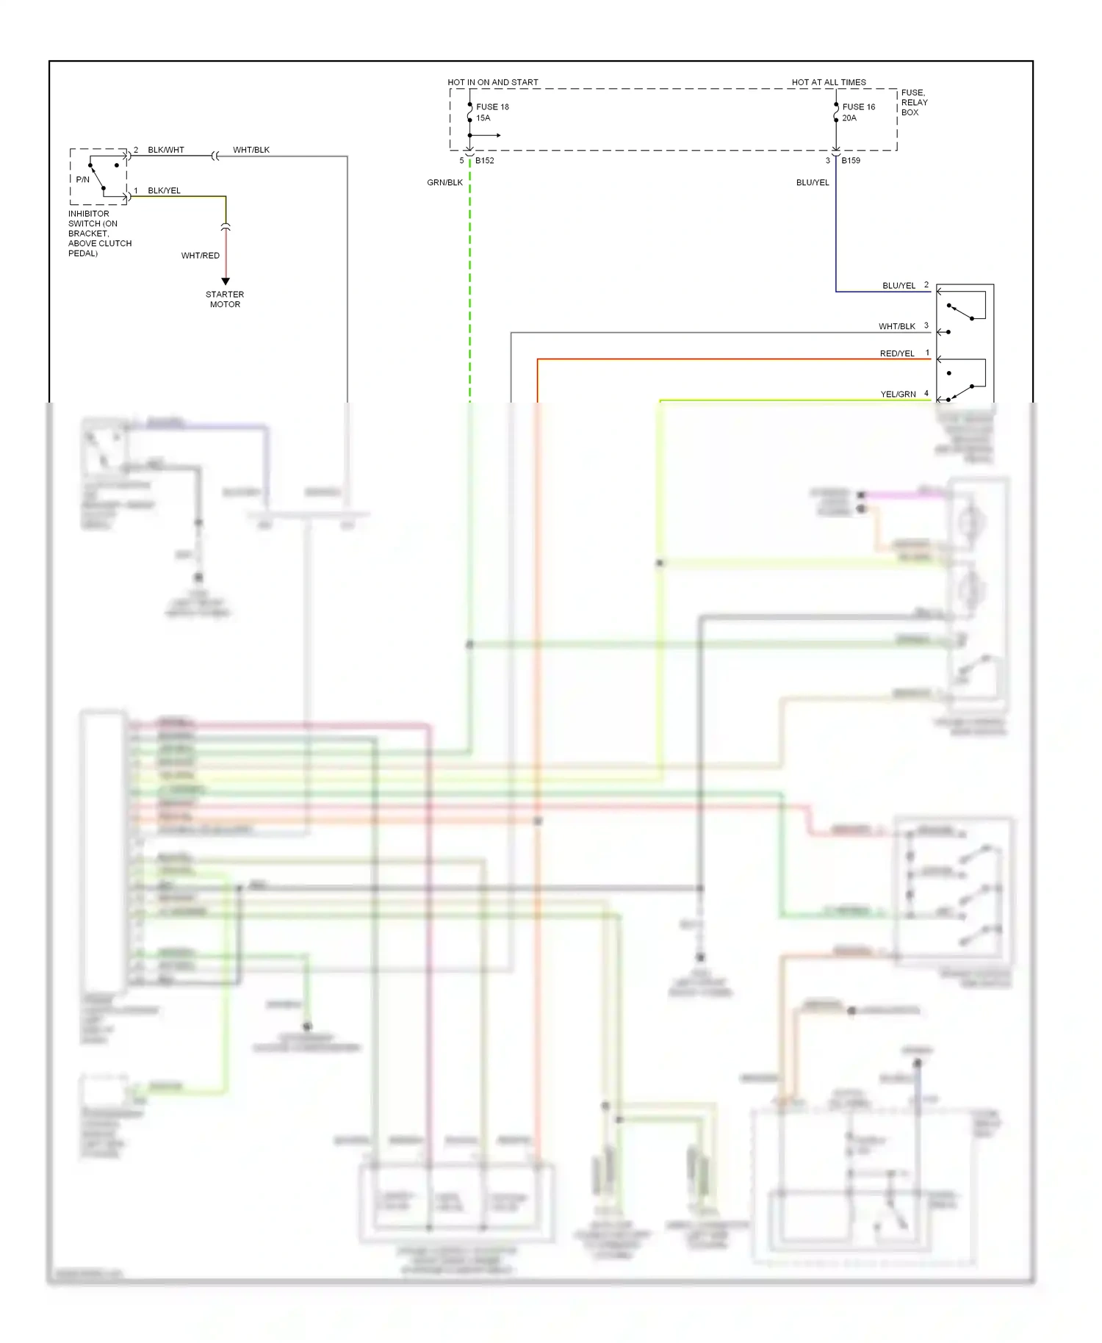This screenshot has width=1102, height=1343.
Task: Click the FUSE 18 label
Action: tap(492, 107)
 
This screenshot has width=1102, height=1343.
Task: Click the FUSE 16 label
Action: tap(858, 107)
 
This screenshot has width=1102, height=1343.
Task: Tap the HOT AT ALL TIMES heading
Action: tap(828, 82)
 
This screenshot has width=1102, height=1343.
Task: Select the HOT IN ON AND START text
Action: tap(492, 82)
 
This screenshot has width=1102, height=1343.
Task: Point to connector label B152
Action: tap(484, 160)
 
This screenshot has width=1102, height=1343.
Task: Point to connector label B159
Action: tap(850, 160)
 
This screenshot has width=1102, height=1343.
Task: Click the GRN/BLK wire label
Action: tap(444, 182)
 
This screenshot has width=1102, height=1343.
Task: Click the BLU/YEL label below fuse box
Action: tap(812, 182)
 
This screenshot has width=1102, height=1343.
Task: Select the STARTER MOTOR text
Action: tap(225, 299)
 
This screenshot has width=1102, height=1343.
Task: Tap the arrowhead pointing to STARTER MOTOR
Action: tap(226, 281)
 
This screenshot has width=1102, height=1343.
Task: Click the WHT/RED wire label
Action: tap(200, 256)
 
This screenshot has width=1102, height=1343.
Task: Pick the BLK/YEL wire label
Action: tap(164, 190)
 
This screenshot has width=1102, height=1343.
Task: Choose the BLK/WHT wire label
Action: tap(166, 150)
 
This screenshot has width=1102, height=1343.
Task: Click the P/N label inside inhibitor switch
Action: tap(82, 179)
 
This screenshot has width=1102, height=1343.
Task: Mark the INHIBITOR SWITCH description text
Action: tap(99, 234)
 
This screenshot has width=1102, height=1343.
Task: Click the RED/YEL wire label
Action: tap(896, 353)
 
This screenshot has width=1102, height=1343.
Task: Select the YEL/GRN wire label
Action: tap(898, 395)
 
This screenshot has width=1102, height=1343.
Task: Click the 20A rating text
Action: tap(849, 118)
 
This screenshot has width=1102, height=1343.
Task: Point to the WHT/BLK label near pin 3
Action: tap(896, 326)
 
